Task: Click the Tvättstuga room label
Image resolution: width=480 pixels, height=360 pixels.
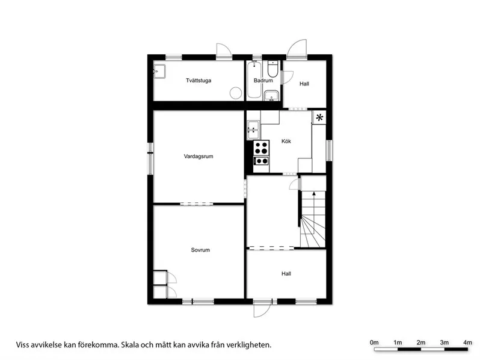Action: [x=198, y=81]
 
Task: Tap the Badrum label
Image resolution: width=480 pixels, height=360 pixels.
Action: [x=263, y=81]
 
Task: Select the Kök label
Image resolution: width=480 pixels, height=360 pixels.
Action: [x=286, y=141]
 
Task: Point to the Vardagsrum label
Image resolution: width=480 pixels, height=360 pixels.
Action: [x=198, y=157]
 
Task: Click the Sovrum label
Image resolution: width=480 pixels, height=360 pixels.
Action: [x=200, y=250]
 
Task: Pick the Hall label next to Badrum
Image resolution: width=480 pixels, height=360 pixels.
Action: [x=304, y=84]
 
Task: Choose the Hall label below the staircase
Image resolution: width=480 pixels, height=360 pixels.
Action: [x=286, y=274]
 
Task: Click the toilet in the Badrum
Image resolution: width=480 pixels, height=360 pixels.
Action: [x=273, y=70]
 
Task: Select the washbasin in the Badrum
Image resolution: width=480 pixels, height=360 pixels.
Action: [x=272, y=95]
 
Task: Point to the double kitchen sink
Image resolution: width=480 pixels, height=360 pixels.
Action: [x=253, y=128]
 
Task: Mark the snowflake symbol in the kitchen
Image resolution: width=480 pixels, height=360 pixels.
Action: [x=319, y=117]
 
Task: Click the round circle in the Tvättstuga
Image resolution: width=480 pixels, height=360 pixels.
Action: [x=236, y=93]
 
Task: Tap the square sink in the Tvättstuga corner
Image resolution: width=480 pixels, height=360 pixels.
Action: [x=160, y=70]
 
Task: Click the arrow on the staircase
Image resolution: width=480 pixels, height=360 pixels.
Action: [x=313, y=194]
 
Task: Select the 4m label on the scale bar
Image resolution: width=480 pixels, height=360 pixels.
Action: [x=467, y=343]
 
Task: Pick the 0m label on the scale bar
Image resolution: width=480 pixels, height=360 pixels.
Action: [x=374, y=343]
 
